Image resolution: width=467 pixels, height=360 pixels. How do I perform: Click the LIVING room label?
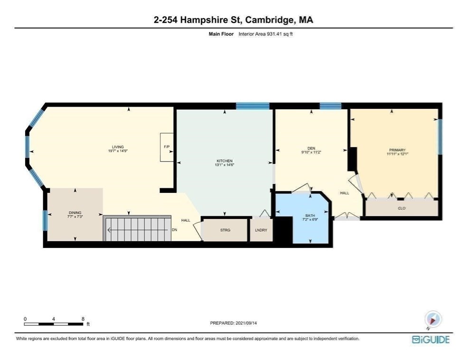tap(117, 147)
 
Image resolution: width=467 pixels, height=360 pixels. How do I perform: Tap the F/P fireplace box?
tap(167, 147)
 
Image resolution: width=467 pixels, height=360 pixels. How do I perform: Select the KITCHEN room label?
tap(224, 161)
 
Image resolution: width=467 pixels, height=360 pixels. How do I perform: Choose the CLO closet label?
tap(402, 208)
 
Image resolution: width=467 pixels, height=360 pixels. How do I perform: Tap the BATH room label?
tap(309, 217)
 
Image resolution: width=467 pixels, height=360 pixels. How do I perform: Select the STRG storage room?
tap(225, 230)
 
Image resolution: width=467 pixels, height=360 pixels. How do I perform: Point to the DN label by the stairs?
tap(174, 230)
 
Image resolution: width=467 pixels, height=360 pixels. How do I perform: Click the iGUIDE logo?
tap(430, 340)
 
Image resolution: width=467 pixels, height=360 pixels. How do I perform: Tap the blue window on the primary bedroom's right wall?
tap(439, 137)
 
